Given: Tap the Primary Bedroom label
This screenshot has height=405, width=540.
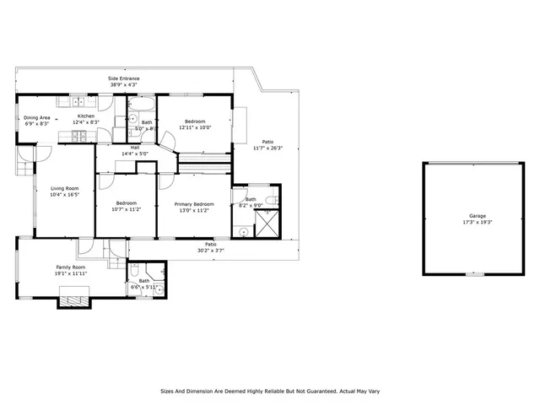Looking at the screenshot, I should (193, 204).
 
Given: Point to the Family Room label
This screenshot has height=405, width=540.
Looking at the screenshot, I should (71, 267).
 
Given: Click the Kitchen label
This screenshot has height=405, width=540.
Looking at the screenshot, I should (86, 116).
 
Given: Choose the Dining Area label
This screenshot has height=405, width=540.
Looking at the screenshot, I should (37, 117).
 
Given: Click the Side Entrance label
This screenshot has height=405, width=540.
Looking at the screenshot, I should (123, 78).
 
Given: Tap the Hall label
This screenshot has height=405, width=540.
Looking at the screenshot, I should (135, 148).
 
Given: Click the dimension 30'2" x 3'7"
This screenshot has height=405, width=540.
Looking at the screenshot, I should (211, 250).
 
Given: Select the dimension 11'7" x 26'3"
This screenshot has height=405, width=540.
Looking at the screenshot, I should (267, 148).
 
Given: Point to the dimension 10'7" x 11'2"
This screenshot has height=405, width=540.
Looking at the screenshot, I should (127, 209).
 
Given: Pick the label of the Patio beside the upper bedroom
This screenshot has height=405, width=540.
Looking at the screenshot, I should (267, 142).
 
